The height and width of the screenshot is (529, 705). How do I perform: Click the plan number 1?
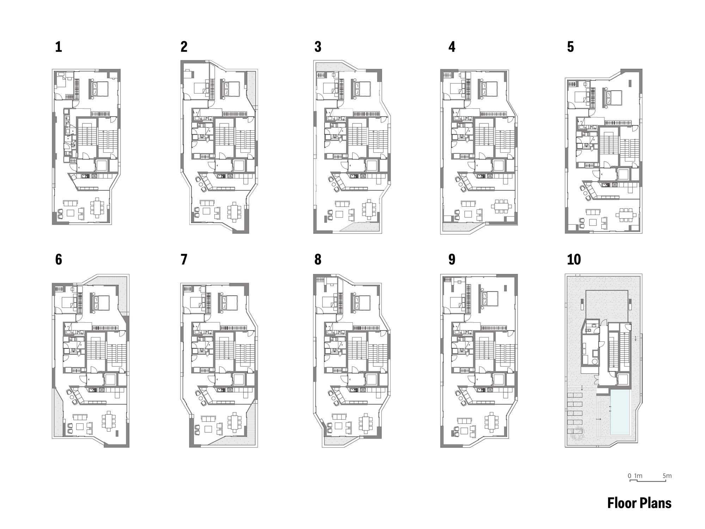[x=59, y=47]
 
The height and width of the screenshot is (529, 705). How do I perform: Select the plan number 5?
[x=570, y=47]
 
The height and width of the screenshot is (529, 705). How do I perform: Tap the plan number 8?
[x=318, y=260]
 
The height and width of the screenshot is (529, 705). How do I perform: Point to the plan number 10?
[x=574, y=260]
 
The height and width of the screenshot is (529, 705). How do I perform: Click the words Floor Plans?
[x=639, y=503]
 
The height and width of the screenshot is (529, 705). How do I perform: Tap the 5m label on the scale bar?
[x=667, y=476]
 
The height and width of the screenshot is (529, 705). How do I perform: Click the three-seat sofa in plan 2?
[x=207, y=203]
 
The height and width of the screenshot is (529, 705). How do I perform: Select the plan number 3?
[x=318, y=47]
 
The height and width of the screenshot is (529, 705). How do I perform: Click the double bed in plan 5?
[x=614, y=98]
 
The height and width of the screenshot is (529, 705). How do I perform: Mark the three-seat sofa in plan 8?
[x=339, y=416]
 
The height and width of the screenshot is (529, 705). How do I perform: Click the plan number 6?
[x=59, y=260]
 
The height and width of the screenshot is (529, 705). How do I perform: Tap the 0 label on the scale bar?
[x=630, y=476]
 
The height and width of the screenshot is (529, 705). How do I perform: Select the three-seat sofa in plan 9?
[x=464, y=421]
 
